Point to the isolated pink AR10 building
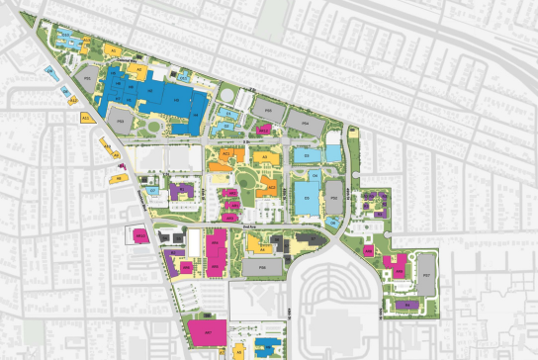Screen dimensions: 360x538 click(x=139, y=235)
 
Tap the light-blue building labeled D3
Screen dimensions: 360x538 click(x=308, y=155)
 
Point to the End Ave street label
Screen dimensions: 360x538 click(x=249, y=226)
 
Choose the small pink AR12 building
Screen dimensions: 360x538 click(x=264, y=129)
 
